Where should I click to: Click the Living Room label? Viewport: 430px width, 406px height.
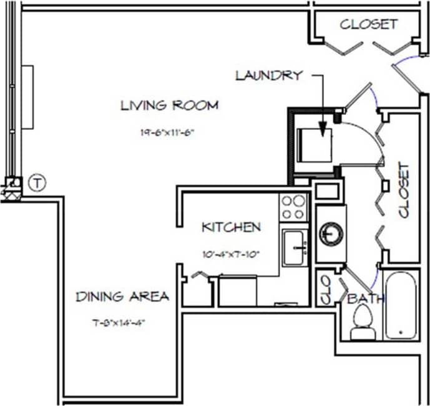[169, 105]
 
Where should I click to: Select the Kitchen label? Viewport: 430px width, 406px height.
[230, 227]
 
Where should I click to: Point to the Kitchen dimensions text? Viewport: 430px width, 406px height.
[230, 254]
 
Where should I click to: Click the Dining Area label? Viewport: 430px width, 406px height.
[122, 297]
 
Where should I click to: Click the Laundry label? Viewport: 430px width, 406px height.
[268, 76]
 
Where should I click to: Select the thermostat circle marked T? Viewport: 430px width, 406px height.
[38, 183]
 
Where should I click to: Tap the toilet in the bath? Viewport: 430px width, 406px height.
[362, 325]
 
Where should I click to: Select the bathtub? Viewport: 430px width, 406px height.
[401, 305]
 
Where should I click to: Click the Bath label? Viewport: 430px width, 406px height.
[366, 299]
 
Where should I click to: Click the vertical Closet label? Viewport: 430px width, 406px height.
[404, 191]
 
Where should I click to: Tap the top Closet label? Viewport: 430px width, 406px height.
[368, 24]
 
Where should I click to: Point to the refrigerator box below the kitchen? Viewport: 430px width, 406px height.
[237, 290]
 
